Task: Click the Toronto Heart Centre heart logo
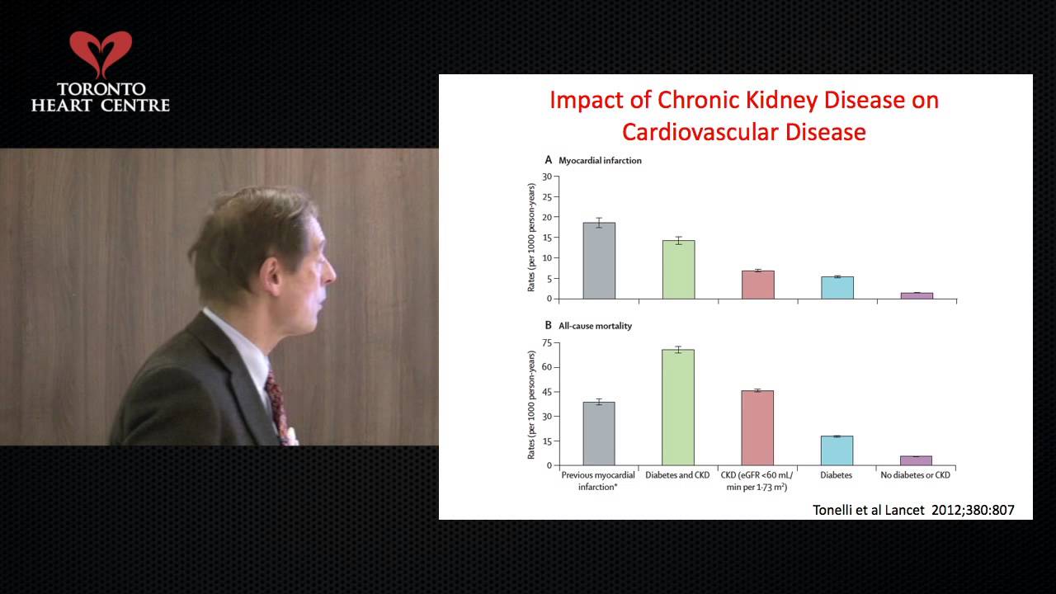click(x=100, y=54)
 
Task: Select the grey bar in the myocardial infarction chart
click(x=599, y=261)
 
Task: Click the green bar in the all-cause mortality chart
click(x=678, y=408)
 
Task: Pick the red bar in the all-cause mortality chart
click(x=757, y=428)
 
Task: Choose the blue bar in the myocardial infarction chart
click(x=837, y=287)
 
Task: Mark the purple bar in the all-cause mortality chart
click(x=917, y=460)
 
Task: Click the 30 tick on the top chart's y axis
click(x=546, y=177)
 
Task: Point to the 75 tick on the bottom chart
click(x=546, y=342)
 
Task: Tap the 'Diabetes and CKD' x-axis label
click(x=678, y=475)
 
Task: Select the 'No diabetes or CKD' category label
click(x=915, y=475)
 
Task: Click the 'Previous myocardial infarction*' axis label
click(x=598, y=481)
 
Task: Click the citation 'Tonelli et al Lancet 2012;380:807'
click(x=913, y=510)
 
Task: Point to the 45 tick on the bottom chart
click(x=546, y=392)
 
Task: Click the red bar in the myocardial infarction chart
click(x=757, y=285)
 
